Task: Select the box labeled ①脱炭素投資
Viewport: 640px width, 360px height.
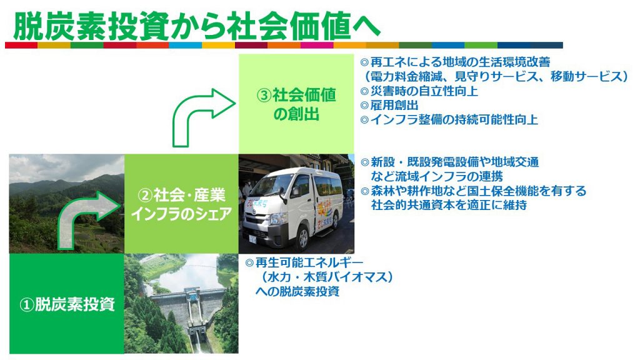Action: (x=66, y=304)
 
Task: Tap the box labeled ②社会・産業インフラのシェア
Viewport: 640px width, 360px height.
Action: (x=181, y=204)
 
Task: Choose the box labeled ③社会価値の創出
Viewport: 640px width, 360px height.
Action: (x=296, y=104)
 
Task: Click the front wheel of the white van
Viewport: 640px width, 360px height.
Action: (x=303, y=238)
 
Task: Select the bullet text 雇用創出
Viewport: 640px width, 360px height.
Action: (x=394, y=105)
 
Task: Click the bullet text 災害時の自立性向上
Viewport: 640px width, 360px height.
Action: (x=424, y=91)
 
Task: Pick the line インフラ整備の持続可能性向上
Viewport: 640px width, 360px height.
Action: (x=454, y=119)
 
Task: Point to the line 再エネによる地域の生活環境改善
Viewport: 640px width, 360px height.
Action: (x=460, y=62)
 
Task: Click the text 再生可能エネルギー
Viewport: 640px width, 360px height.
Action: (x=309, y=262)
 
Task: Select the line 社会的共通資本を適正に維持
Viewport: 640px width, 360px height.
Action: (x=449, y=204)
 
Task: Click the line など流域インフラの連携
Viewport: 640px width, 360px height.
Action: (x=437, y=176)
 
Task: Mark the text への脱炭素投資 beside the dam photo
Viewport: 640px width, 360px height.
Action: (x=297, y=291)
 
